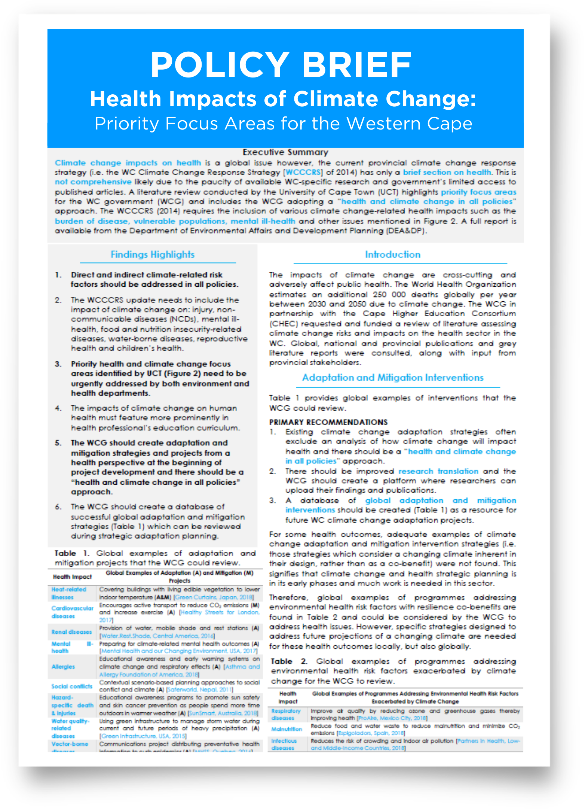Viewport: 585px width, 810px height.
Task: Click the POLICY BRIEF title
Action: [x=281, y=65]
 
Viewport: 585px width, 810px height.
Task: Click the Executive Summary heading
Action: [x=285, y=152]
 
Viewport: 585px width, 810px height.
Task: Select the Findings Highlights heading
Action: [x=153, y=255]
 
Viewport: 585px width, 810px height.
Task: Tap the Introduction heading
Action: [x=393, y=255]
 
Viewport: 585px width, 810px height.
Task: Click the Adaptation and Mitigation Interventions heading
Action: [x=393, y=378]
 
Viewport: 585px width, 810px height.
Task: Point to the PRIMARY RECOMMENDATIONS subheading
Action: [x=328, y=422]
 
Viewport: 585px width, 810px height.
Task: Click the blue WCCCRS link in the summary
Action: [x=303, y=173]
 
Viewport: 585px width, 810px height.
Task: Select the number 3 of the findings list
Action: [x=58, y=364]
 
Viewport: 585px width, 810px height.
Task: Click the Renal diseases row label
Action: [x=71, y=632]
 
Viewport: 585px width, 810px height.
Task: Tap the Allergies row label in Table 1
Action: [x=63, y=667]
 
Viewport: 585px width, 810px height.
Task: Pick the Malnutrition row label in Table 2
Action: [x=287, y=729]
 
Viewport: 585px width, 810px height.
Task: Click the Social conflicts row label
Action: [x=72, y=686]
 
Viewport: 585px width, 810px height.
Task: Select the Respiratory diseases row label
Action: [x=286, y=714]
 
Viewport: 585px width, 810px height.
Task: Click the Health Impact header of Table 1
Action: [x=72, y=577]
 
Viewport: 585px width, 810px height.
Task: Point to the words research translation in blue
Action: [x=438, y=471]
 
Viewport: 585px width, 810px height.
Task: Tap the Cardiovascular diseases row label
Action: [x=72, y=612]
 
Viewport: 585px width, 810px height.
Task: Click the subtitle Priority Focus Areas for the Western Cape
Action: [x=284, y=124]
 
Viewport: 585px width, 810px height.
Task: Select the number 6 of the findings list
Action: [x=58, y=507]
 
